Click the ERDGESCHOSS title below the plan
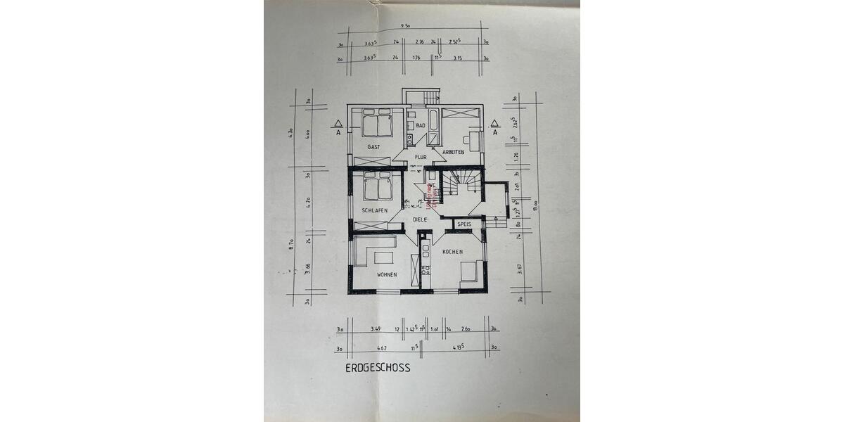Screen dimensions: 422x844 [x=377, y=367]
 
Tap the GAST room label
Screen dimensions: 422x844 [x=373, y=146]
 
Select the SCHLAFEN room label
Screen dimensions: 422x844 [x=376, y=210]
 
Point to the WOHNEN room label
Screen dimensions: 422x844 [x=387, y=274]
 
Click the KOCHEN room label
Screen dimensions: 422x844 [x=452, y=251]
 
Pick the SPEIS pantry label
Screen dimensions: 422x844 [x=464, y=224]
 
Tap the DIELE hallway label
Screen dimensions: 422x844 [x=420, y=219]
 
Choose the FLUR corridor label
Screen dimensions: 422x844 [x=421, y=157]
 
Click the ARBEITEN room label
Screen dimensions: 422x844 [x=454, y=151]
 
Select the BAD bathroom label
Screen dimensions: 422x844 [x=421, y=125]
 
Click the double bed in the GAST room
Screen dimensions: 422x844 [x=377, y=124]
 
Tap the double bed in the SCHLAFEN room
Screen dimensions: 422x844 [x=377, y=187]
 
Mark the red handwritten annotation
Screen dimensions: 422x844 [x=434, y=193]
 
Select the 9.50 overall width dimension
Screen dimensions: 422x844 [x=405, y=25]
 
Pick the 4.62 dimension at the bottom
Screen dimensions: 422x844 [x=382, y=347]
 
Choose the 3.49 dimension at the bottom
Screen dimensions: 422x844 [x=376, y=328]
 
